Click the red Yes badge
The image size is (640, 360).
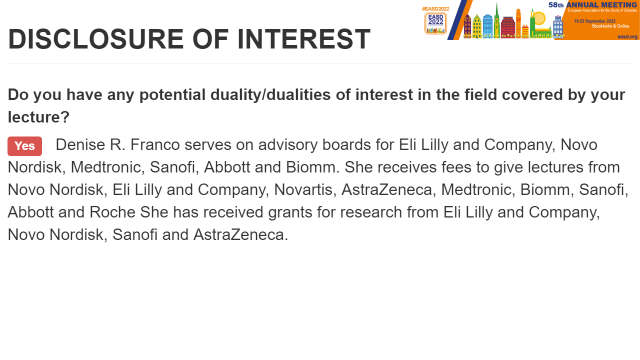(x=24, y=146)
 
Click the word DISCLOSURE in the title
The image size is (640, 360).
(x=96, y=39)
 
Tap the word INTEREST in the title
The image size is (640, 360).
(x=304, y=39)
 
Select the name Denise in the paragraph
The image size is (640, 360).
(x=80, y=144)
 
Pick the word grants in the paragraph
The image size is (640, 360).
(x=290, y=212)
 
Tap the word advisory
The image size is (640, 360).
(x=288, y=145)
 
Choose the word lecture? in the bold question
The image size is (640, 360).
(x=38, y=117)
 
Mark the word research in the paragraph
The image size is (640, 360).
(x=371, y=212)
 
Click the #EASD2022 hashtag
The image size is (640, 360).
(x=435, y=9)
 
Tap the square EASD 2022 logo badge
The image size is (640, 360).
(x=435, y=23)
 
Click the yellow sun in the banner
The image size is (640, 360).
(x=539, y=18)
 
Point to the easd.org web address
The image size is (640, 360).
(x=627, y=36)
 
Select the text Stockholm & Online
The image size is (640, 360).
(x=610, y=26)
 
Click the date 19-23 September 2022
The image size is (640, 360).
(x=595, y=21)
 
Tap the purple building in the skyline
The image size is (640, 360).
(x=467, y=26)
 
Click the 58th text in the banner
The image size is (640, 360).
(x=556, y=5)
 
